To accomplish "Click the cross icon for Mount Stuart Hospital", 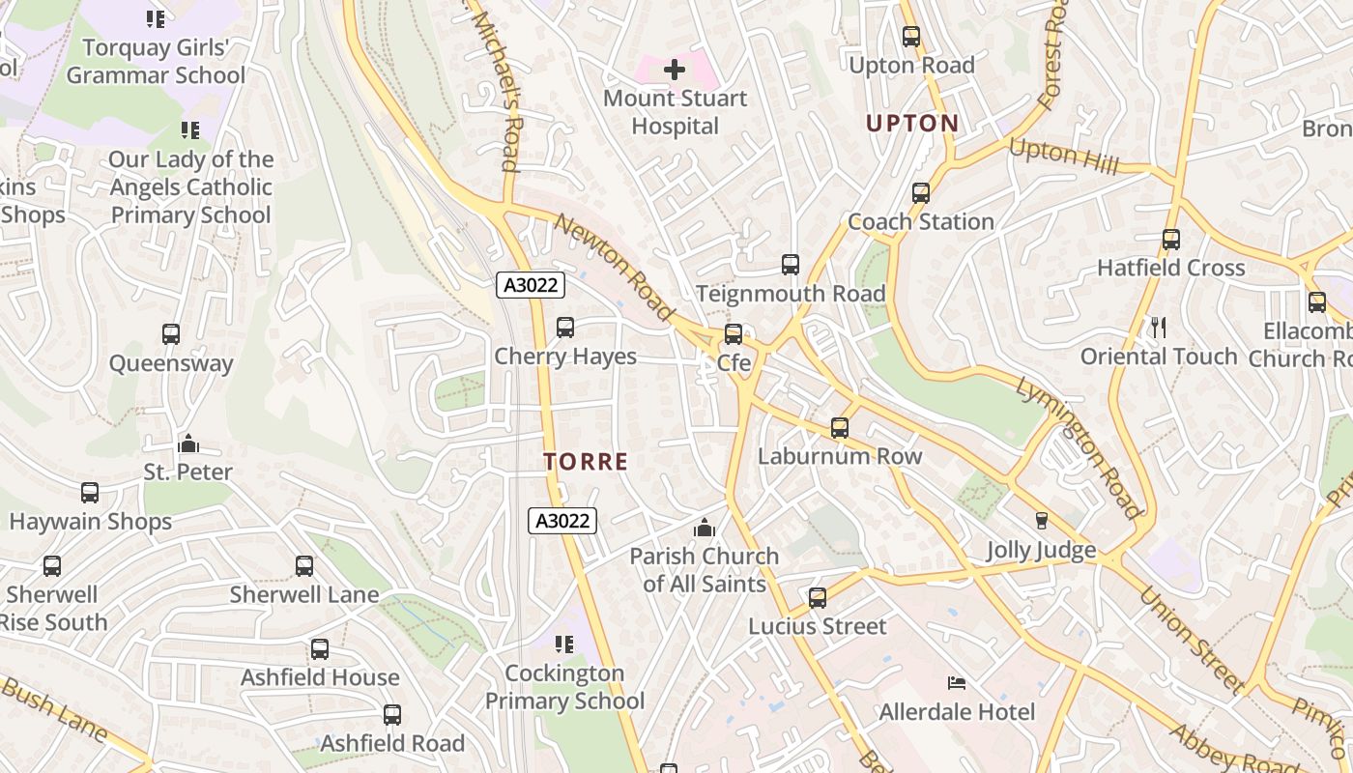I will (x=675, y=70).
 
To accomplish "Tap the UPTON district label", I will (x=912, y=124).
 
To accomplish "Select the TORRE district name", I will (x=586, y=462).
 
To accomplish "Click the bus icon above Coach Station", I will (x=921, y=193).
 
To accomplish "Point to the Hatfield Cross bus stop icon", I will (x=1171, y=240).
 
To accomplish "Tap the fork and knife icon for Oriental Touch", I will (x=1159, y=329).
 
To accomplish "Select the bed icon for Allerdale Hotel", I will (x=957, y=684).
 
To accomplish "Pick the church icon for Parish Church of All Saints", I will (x=705, y=529).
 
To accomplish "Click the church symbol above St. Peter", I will (x=188, y=444).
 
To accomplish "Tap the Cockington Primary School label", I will (x=564, y=687).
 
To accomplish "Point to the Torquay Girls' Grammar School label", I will (x=156, y=61).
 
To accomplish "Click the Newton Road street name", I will (x=614, y=267).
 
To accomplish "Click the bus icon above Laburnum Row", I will (x=840, y=428).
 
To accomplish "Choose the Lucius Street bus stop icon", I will (x=818, y=598).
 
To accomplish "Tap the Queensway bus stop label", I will (x=171, y=363).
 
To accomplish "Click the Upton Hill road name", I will (x=1063, y=157).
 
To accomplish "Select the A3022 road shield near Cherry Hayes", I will (x=530, y=285).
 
